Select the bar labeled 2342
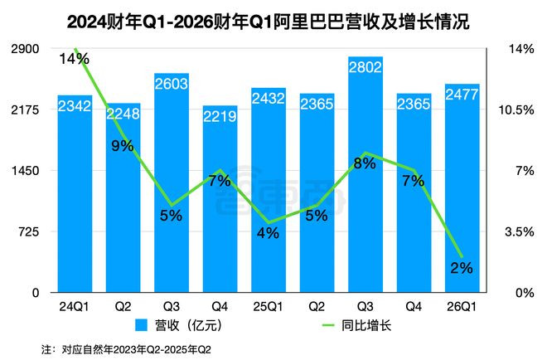pos(75,199)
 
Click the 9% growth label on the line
pos(123,147)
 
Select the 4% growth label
pos(268,233)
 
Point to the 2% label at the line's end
pos(461,267)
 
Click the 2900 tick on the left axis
pos(25,49)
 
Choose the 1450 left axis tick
pos(25,171)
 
